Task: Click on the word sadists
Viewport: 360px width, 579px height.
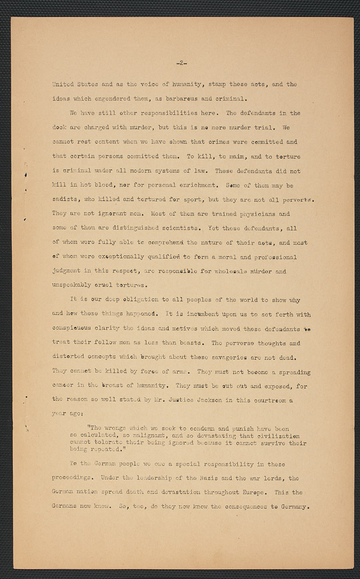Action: click(x=64, y=200)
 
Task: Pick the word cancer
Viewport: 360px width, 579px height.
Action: click(x=62, y=387)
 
